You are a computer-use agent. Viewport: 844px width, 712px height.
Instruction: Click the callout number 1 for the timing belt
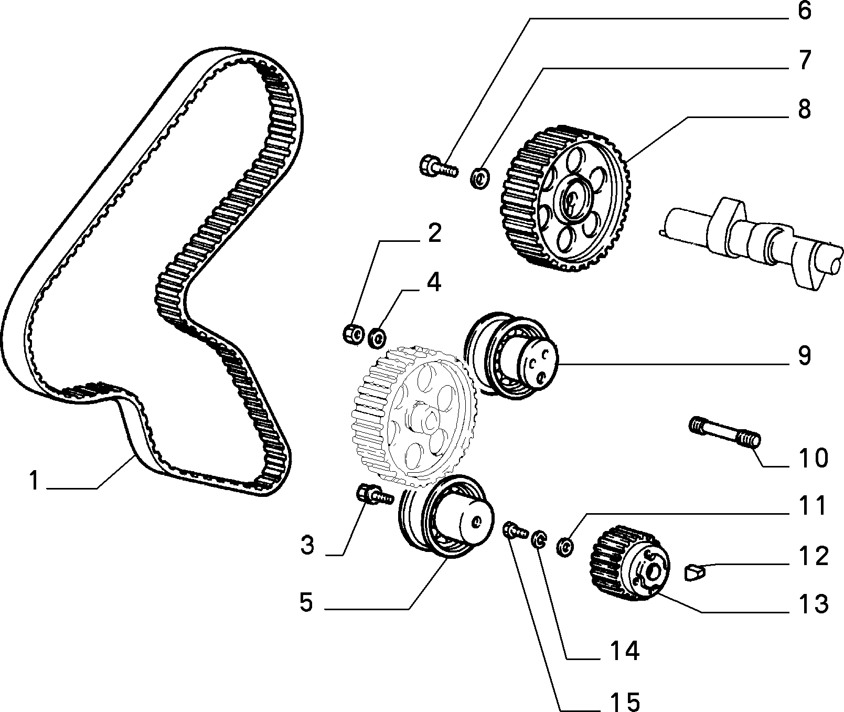(35, 481)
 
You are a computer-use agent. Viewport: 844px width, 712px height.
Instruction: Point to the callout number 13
(812, 604)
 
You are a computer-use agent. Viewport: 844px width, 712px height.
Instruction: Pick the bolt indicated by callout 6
(439, 166)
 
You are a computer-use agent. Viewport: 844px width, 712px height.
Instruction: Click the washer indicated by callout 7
(479, 178)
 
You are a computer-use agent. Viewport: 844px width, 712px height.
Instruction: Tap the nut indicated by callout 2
(354, 335)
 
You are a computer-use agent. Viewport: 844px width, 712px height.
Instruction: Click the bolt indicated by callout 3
(374, 495)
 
